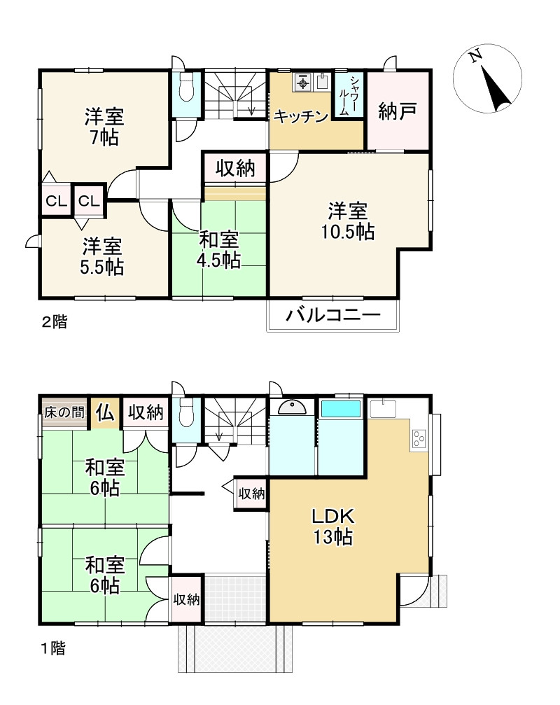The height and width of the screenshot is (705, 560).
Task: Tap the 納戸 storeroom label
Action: tap(398, 111)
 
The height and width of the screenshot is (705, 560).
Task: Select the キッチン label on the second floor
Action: tap(300, 116)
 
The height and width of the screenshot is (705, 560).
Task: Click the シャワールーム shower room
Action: tap(348, 96)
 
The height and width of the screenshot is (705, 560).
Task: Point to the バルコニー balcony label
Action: tap(332, 315)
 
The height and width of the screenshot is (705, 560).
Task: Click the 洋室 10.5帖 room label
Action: tap(347, 221)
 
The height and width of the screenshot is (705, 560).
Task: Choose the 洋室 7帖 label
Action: tap(104, 127)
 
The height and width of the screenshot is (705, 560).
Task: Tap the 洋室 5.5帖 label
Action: tap(102, 256)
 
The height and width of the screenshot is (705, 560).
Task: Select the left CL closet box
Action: tap(56, 202)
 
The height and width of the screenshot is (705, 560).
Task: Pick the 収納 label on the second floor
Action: tap(234, 168)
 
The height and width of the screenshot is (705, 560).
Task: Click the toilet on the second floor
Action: tap(187, 89)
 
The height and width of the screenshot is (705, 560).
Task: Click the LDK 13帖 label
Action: tap(332, 527)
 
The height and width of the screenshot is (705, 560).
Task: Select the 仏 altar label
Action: tap(105, 412)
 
